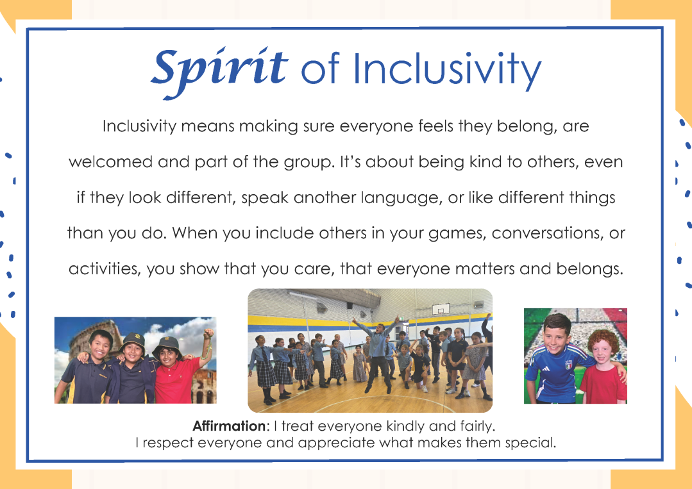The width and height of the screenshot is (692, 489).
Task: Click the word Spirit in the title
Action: (x=219, y=71)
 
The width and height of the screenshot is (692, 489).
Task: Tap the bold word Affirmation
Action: (x=229, y=426)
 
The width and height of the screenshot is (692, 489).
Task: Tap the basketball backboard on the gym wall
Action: (x=441, y=309)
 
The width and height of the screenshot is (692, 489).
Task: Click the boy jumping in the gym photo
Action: (x=377, y=352)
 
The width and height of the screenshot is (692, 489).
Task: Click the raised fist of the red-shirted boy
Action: (x=208, y=333)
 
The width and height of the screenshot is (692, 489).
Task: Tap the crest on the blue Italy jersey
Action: (x=568, y=365)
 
